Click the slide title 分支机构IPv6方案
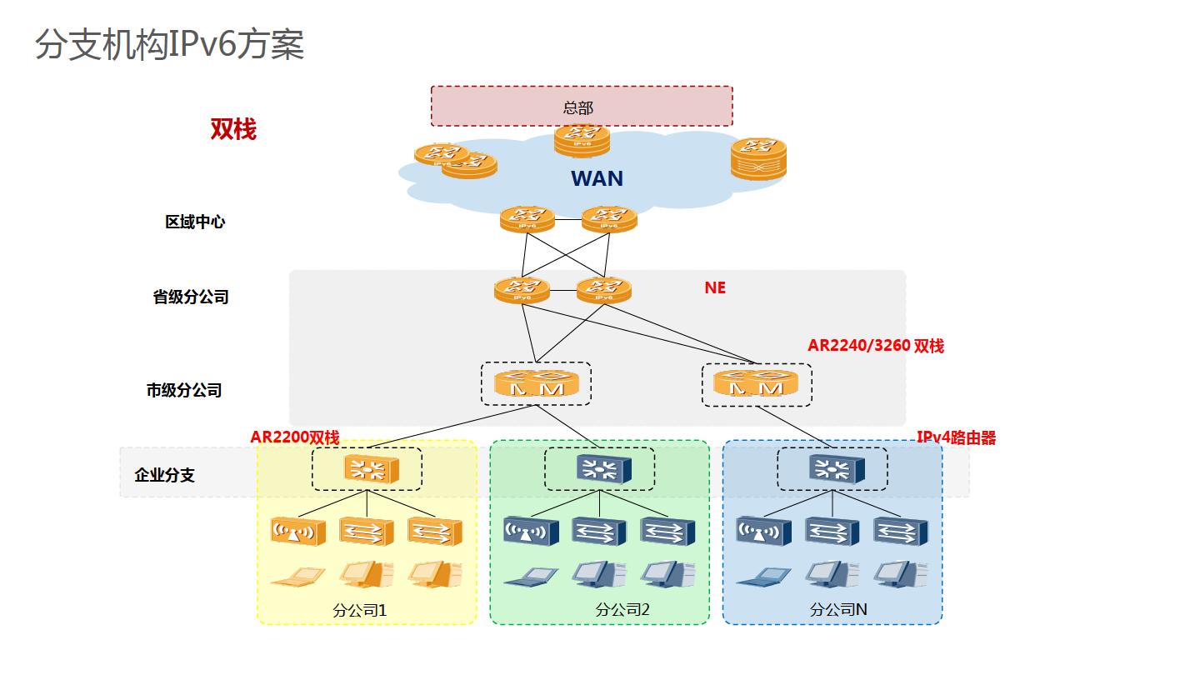tap(170, 45)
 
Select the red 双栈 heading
tap(233, 130)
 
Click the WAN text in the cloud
tap(597, 178)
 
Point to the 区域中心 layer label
tap(195, 222)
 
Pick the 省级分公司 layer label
tap(191, 297)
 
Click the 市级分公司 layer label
tap(184, 390)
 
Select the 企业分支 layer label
tap(165, 475)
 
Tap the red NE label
tap(715, 287)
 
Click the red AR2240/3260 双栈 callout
tap(876, 346)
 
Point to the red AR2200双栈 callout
tap(295, 437)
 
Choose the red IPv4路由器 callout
tap(957, 437)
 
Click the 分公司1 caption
tap(359, 610)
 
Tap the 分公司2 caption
tap(622, 610)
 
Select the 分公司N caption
tap(838, 610)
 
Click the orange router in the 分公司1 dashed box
tap(367, 469)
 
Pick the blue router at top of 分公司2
tap(599, 469)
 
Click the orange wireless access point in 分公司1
tap(297, 530)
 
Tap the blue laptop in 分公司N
tap(762, 575)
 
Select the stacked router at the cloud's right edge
tap(758, 158)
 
